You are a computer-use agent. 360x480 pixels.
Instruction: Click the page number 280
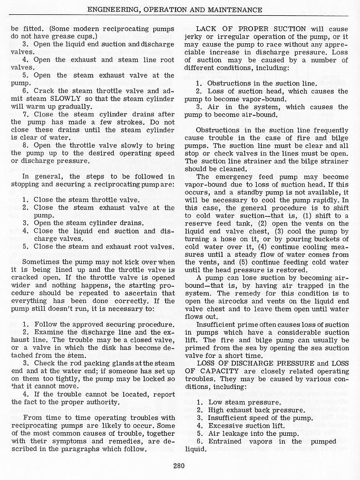point(179,465)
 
